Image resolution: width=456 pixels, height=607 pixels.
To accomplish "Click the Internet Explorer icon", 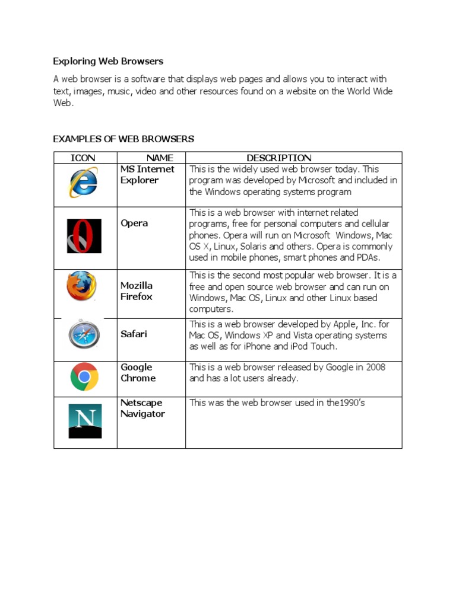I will pos(84,183).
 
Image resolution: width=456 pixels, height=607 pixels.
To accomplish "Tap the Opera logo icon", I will pos(84,236).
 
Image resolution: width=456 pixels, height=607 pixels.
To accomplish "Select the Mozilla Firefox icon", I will pos(81,287).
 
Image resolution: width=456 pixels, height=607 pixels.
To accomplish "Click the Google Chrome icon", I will pos(84,376).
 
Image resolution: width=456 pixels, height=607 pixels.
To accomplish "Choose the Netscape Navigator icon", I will pos(85,421).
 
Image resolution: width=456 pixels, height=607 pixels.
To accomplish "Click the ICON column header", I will pos(83,158).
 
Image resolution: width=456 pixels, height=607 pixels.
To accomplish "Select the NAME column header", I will pos(160,158).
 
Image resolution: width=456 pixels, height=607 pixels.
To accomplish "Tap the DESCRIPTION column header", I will pos(278,158).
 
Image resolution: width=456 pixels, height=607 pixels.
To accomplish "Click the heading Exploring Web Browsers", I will pos(108,61).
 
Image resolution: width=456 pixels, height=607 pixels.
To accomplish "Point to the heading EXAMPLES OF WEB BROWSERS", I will pos(123,139).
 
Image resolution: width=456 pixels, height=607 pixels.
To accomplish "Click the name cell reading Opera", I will pos(134,223).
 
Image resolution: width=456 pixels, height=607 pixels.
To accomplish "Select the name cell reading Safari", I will pos(134,334).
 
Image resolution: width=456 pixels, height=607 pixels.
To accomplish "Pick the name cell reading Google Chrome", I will pos(138,373).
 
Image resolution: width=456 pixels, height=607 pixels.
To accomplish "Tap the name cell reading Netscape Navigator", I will pos(142,408).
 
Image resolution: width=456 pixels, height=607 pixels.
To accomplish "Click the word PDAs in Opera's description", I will pos(368,257).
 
